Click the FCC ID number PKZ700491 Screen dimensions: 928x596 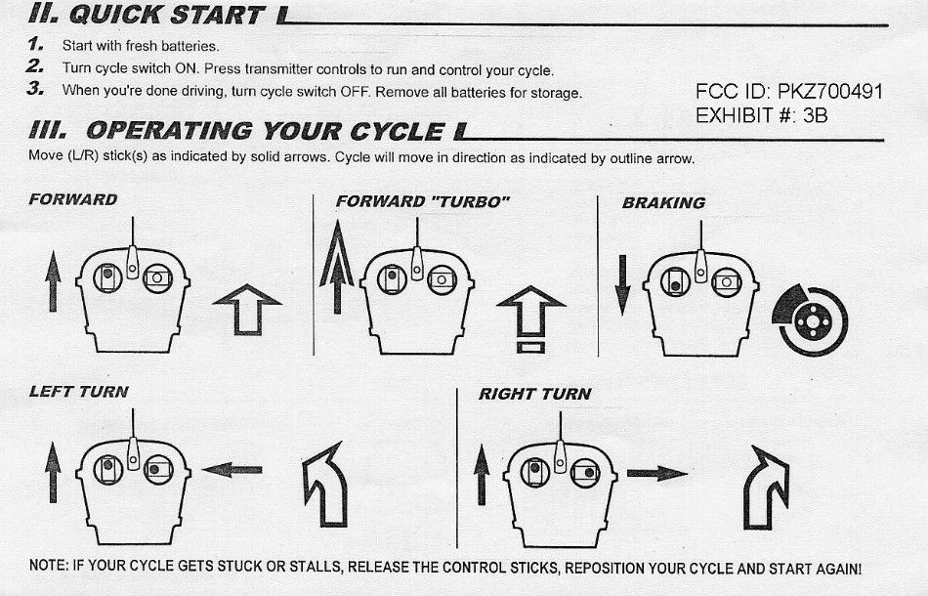[830, 92]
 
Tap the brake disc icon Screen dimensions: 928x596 [810, 320]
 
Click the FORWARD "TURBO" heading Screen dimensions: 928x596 [423, 202]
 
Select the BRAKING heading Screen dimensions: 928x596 [663, 203]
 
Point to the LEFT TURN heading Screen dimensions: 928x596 [79, 392]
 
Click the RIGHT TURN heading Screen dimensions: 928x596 [535, 394]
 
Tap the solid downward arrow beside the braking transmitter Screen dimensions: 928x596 [622, 285]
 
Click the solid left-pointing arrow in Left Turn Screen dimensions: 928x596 [232, 470]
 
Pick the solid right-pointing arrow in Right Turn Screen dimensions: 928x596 [657, 474]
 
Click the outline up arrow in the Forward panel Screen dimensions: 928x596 [247, 310]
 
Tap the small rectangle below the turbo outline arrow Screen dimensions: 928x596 [530, 348]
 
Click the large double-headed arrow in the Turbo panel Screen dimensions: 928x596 [337, 267]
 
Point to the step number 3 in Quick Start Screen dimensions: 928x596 [35, 89]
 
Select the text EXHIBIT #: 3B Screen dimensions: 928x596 [761, 115]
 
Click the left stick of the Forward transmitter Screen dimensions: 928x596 [107, 277]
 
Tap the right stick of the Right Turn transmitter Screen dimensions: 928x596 [585, 473]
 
